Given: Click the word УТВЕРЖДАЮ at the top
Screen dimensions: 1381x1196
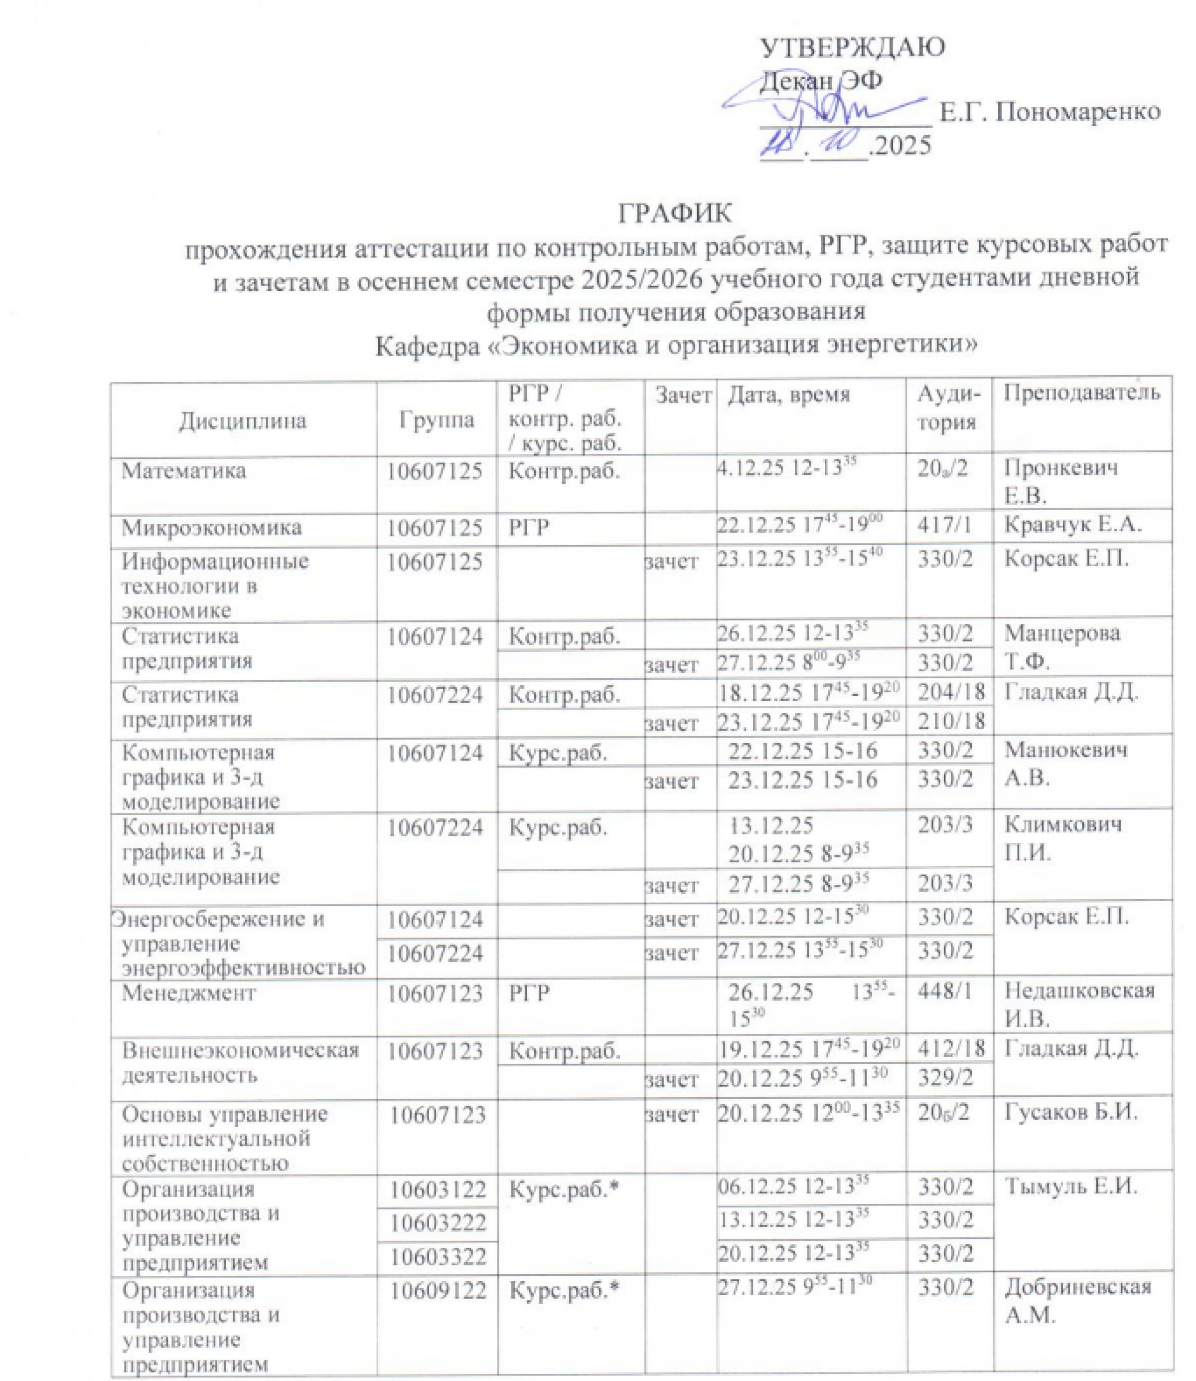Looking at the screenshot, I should point(852,48).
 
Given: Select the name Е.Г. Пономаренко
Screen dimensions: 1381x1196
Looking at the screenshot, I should point(1050,112).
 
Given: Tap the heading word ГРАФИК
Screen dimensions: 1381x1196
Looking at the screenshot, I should point(675,213).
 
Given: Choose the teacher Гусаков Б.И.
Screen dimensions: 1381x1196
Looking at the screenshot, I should point(1070,1113).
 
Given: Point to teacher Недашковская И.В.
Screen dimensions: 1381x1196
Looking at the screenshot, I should point(1079,1005).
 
